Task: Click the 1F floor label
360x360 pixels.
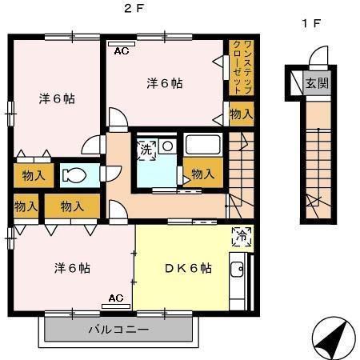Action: tap(311, 23)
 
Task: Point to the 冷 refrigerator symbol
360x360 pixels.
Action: tap(241, 235)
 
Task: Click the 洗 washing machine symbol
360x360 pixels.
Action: tap(147, 149)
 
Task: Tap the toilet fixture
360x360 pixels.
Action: tap(78, 174)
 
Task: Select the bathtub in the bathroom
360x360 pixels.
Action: tap(202, 145)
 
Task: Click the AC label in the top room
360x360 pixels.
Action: tap(122, 50)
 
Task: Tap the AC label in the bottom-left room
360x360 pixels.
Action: tap(115, 298)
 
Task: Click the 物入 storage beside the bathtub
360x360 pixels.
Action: tap(202, 174)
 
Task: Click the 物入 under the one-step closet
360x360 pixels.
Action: tap(240, 114)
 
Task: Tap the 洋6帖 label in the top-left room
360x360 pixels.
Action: tap(57, 99)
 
